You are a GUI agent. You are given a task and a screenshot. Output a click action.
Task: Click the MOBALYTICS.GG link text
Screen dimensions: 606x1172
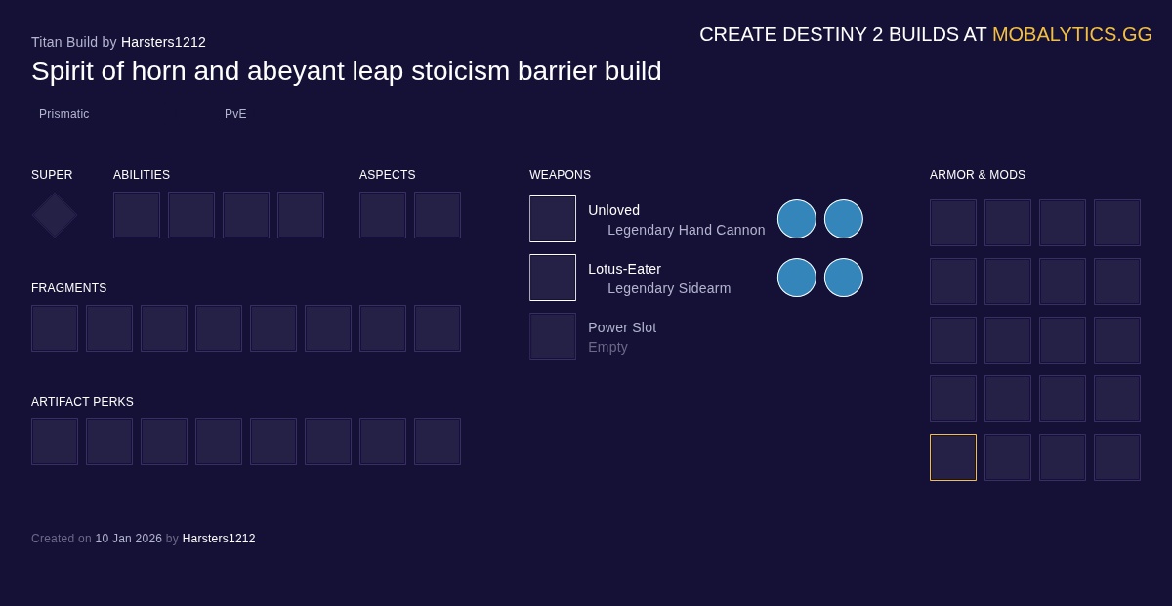(1071, 34)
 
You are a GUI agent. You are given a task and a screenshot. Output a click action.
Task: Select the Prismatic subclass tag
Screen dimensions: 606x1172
(63, 114)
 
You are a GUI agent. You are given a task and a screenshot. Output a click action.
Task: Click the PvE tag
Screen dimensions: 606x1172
(235, 114)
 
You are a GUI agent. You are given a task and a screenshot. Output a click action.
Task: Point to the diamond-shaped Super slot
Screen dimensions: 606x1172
(55, 215)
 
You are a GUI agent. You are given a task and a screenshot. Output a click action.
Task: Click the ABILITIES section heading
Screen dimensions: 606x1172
(142, 175)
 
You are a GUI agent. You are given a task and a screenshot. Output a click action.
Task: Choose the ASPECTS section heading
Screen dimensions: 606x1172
(387, 175)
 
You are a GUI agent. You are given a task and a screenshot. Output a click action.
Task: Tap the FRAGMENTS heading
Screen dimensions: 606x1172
(68, 288)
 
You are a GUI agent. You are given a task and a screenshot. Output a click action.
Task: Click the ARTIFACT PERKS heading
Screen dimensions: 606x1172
(82, 402)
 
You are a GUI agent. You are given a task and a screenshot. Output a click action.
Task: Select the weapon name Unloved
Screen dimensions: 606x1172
(613, 210)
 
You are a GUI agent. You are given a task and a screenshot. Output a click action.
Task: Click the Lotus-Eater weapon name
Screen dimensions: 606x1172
(624, 269)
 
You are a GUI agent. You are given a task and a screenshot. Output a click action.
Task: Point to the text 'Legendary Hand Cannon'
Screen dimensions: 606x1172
(686, 230)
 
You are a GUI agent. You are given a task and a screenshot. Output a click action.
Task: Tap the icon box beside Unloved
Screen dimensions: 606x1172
(553, 219)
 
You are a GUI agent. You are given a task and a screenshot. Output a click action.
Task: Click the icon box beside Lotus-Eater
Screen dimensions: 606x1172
(553, 278)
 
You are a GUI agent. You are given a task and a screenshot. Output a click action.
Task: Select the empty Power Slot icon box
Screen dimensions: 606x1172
(553, 336)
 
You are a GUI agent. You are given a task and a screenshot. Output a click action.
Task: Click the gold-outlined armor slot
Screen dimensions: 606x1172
(953, 457)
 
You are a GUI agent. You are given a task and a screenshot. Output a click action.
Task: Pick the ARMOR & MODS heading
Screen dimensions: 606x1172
(977, 175)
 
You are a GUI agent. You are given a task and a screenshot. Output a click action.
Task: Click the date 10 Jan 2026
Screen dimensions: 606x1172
(128, 539)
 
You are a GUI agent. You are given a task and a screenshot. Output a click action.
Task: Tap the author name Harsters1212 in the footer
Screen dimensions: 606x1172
(219, 539)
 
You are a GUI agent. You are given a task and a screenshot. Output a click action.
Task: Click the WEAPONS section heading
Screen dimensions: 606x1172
(560, 175)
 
